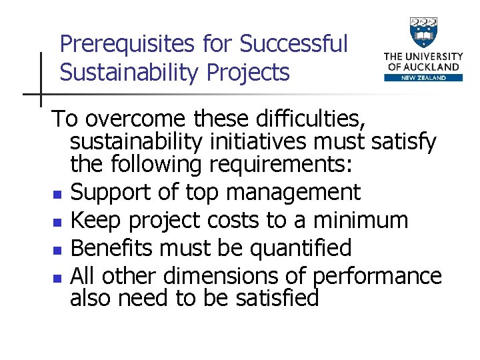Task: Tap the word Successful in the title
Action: point(294,44)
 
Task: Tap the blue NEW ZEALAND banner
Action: point(423,77)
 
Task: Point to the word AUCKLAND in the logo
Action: point(433,67)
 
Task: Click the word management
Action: point(293,193)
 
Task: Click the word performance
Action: point(377,275)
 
